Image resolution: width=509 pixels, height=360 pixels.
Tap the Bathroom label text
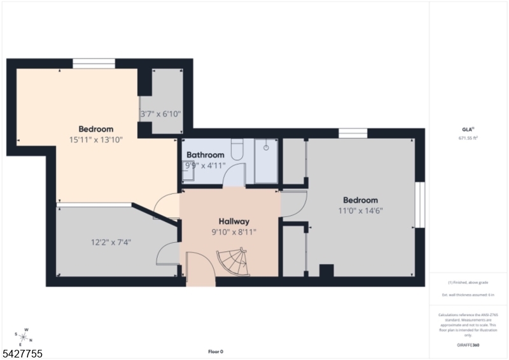pos(205,155)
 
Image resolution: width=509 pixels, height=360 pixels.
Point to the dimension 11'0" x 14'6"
pos(360,211)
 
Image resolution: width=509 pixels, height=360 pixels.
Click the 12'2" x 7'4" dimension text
pos(111,242)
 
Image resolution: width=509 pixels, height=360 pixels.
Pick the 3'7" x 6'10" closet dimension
pos(160,114)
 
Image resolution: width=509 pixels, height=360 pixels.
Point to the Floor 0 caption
pos(216,352)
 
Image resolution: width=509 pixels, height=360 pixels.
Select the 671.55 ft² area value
pos(468,137)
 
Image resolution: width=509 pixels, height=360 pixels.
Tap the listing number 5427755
pos(23,353)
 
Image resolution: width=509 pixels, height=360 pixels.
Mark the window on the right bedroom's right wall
pos(419,205)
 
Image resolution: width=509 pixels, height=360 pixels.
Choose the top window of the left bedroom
pos(94,63)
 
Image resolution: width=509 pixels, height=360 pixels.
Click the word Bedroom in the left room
pos(96,129)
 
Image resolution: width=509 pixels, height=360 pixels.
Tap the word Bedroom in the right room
pos(360,200)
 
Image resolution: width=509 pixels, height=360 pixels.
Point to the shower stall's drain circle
pos(266,147)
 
